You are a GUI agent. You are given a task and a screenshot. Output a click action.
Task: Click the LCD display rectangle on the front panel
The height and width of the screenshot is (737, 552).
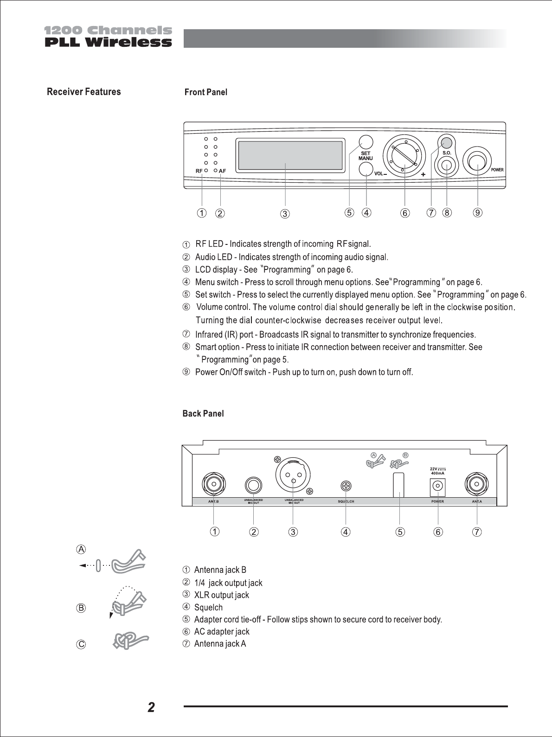point(290,155)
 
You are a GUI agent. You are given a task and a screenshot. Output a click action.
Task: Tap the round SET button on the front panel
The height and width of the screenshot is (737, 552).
point(366,141)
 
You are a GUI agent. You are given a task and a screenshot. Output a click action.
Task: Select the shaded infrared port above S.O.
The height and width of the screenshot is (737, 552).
point(446,142)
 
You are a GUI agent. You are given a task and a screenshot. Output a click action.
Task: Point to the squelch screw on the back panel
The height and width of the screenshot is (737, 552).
point(346,486)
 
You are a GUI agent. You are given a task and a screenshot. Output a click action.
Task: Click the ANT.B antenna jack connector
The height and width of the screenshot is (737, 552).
point(213,485)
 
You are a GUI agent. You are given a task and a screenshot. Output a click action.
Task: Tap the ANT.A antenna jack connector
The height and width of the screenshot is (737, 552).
point(476,485)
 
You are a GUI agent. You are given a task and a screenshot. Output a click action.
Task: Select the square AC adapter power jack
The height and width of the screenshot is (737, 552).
point(438,486)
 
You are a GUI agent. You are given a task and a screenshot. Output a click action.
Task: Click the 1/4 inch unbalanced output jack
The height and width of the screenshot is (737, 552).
point(254,486)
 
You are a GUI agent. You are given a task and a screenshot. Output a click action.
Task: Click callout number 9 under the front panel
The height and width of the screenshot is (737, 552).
point(478,212)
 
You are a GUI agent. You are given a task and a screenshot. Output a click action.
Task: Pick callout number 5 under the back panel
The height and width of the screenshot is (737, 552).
point(400,532)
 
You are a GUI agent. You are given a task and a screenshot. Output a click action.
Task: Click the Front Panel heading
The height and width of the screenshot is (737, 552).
point(206,92)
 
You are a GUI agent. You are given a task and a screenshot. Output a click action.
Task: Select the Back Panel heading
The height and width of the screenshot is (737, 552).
point(203,414)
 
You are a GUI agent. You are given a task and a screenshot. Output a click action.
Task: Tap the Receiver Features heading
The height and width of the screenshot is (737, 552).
point(84,92)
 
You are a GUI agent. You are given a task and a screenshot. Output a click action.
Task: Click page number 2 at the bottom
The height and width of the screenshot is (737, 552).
point(151,707)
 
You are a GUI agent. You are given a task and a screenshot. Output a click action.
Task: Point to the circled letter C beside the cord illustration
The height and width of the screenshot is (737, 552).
point(81,644)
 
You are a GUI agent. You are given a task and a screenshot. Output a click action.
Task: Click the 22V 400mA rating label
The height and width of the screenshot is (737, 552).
point(438,471)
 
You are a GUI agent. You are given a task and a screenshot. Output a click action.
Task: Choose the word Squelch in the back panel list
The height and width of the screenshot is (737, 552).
point(208,608)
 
